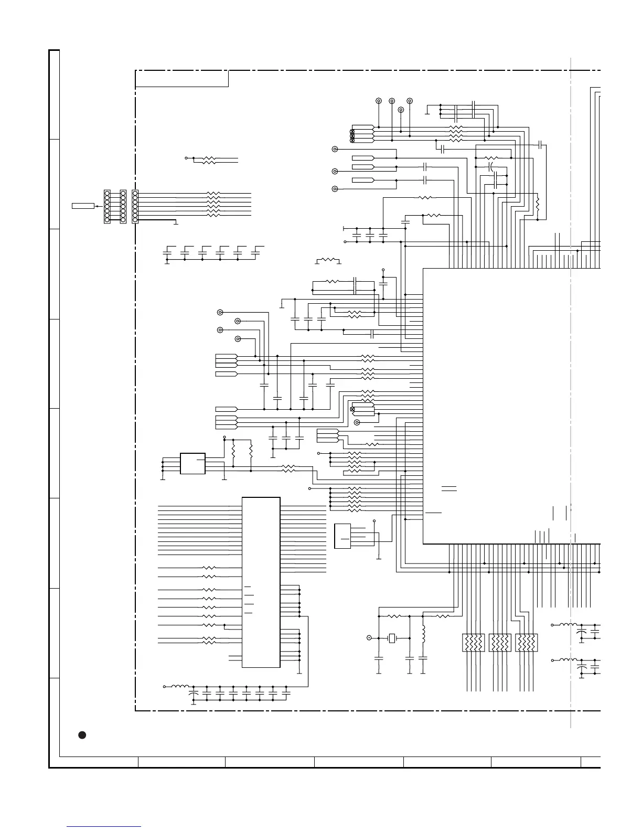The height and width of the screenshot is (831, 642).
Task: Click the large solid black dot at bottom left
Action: coord(82,734)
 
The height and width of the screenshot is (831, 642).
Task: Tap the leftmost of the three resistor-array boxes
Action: coord(474,643)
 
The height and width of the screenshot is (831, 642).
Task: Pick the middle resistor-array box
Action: coord(500,643)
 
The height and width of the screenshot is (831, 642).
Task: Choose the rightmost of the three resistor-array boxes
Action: coord(527,643)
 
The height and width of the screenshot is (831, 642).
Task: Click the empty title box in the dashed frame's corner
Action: coord(181,79)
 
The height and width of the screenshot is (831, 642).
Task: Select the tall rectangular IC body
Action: coord(261,582)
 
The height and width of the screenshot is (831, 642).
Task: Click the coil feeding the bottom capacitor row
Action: coord(181,686)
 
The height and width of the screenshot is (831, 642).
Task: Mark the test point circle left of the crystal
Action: coord(369,638)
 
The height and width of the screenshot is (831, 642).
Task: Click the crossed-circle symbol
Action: coord(352,409)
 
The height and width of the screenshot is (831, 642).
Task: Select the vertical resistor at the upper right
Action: coord(538,206)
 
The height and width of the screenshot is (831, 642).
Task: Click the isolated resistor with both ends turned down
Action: coord(328,260)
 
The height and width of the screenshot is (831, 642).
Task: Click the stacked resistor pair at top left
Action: coord(209,160)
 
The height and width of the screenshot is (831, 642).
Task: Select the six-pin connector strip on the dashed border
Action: coord(135,206)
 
